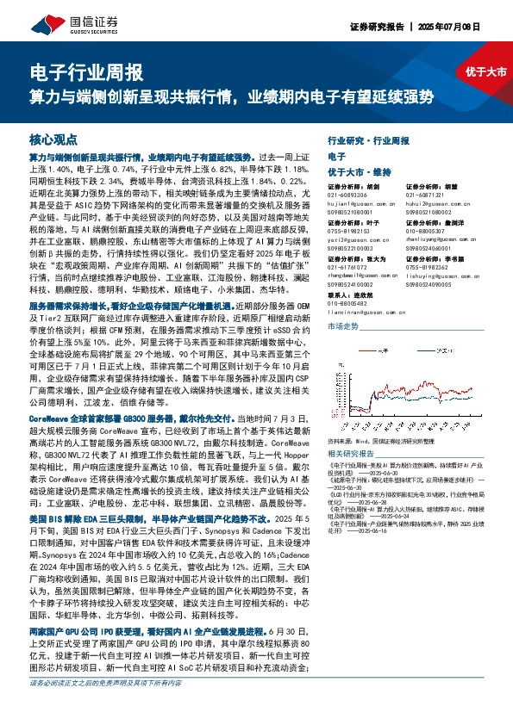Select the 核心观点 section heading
point(53,139)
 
